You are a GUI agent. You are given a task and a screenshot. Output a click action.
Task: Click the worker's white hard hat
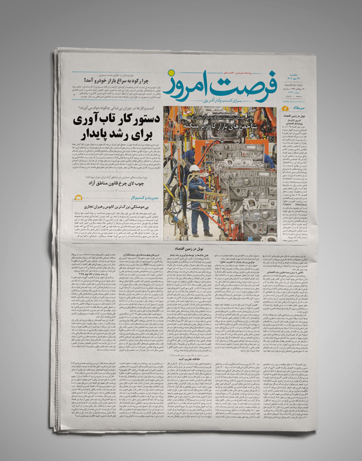coord(194,168)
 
